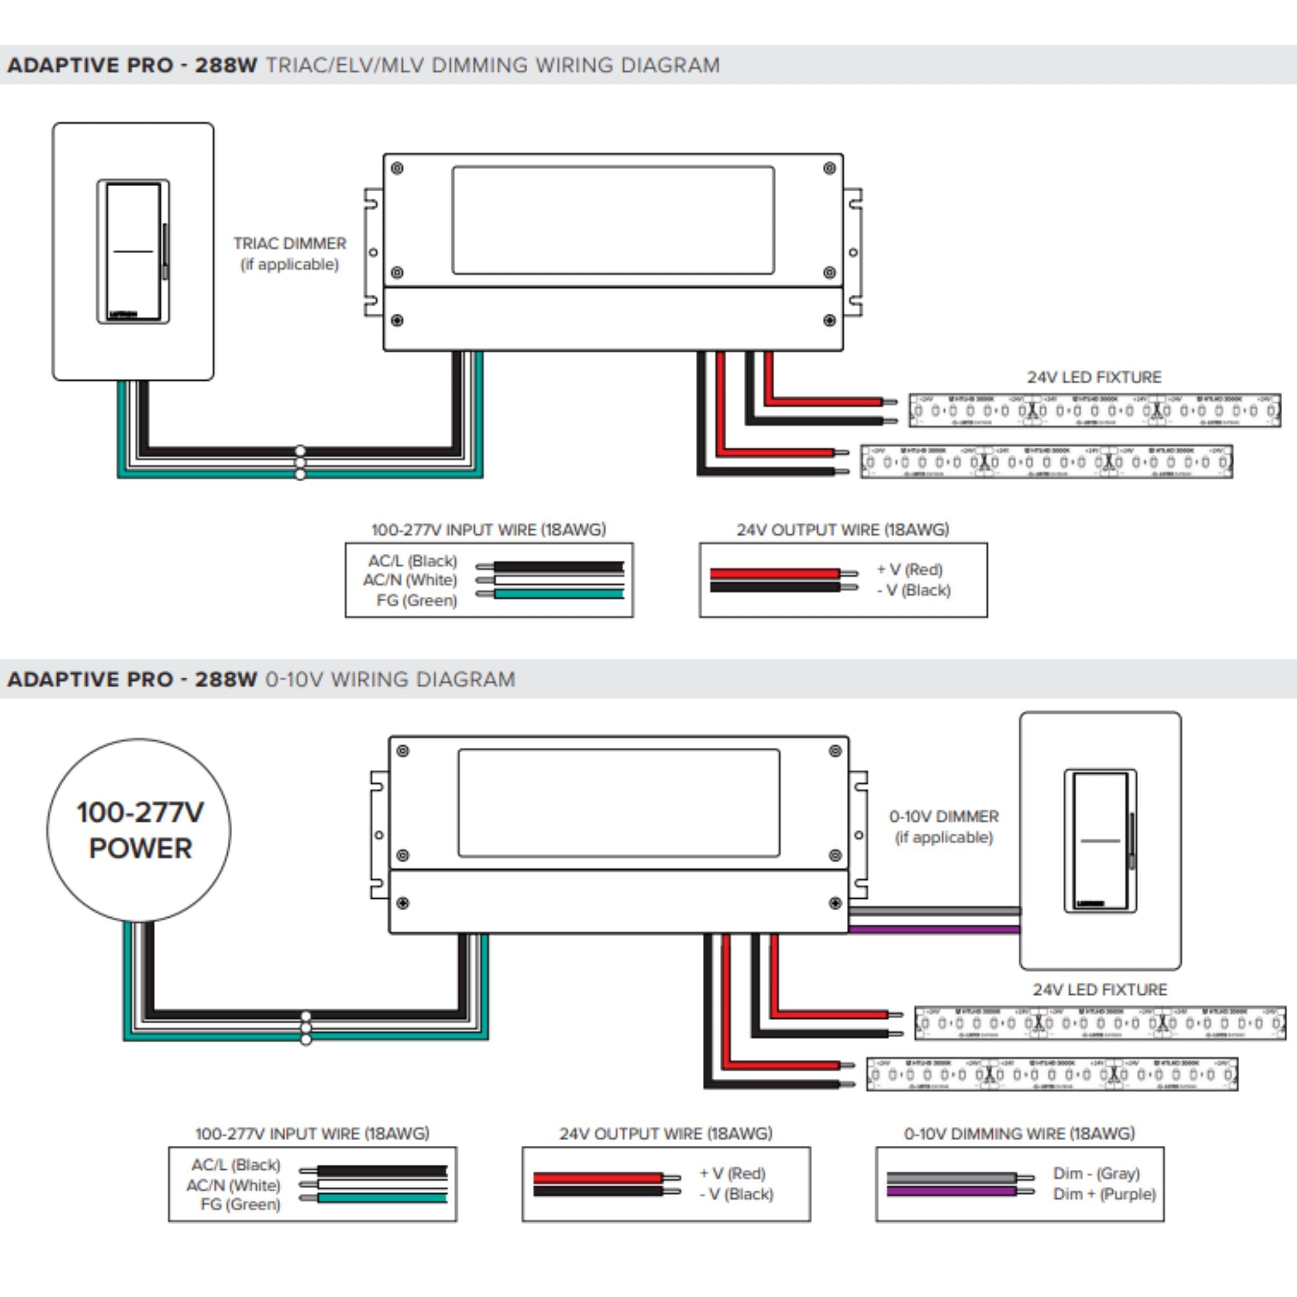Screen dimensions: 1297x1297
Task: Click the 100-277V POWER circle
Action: (139, 831)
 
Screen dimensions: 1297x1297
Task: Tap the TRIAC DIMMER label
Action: (289, 244)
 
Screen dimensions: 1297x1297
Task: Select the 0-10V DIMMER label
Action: (943, 816)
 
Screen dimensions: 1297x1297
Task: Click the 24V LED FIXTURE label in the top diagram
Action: (1093, 377)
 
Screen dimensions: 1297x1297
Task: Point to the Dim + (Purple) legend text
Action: (1104, 1195)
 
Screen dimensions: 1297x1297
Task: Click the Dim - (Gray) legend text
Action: (1096, 1174)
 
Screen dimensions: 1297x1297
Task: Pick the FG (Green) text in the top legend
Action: (416, 600)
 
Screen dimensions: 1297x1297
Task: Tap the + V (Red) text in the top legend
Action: (910, 569)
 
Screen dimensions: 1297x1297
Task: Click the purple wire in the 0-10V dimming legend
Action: (951, 1191)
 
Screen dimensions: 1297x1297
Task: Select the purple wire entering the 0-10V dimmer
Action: (933, 930)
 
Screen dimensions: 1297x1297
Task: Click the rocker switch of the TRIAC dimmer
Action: (133, 250)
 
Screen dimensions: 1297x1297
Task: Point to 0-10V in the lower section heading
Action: (294, 680)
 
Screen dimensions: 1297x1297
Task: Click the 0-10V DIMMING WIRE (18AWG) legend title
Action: (1019, 1134)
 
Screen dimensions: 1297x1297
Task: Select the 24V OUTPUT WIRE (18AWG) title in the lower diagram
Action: (665, 1134)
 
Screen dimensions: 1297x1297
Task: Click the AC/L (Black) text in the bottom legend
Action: (235, 1165)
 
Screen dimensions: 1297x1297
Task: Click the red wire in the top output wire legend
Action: (774, 573)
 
